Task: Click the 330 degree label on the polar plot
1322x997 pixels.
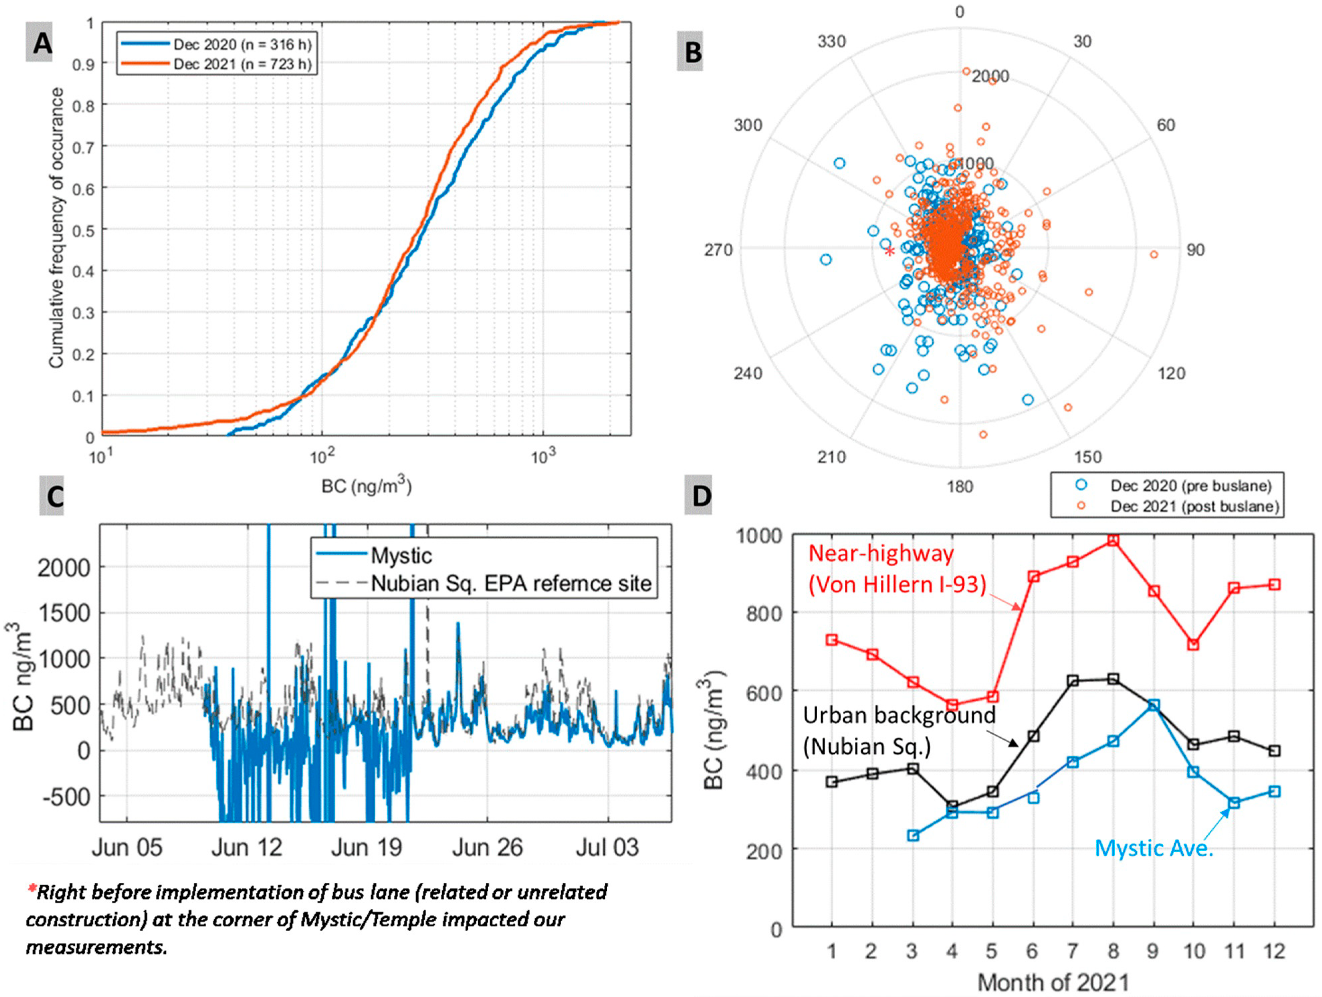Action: click(832, 41)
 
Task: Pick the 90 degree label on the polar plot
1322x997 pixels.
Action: click(1195, 250)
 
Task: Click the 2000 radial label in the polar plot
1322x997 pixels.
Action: click(990, 76)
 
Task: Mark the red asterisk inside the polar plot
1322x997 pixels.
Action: click(889, 252)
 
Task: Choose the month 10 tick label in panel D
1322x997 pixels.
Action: click(1194, 951)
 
